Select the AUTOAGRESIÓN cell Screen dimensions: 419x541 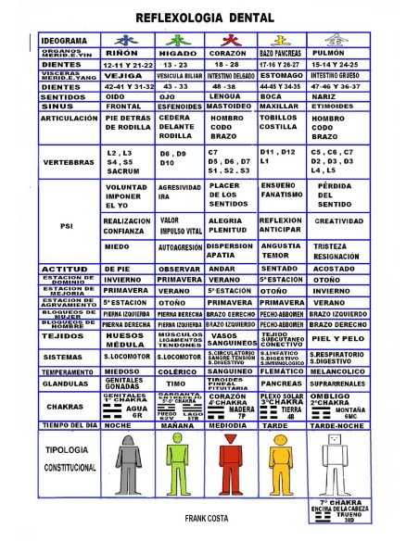(180, 248)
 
